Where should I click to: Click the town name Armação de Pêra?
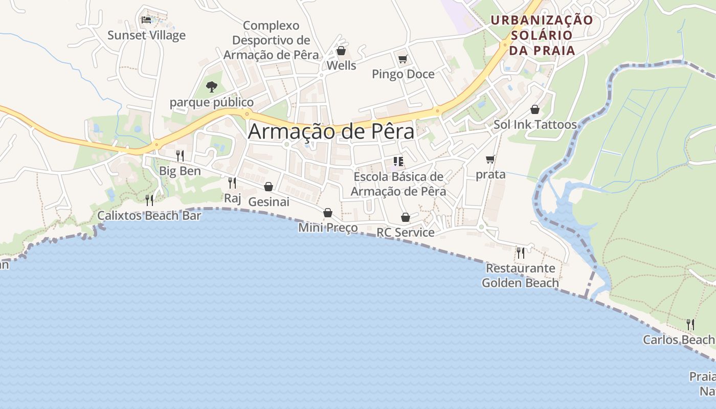click(331, 131)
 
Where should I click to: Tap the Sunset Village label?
click(146, 35)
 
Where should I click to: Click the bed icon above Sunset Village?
click(146, 20)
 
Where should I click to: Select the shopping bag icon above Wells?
click(341, 51)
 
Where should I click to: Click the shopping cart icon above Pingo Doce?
click(402, 59)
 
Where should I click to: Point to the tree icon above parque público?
click(211, 87)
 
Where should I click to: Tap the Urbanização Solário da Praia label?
click(542, 35)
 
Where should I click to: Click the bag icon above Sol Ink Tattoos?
click(535, 109)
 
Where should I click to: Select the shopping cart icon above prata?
click(490, 160)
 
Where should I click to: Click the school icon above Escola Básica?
click(399, 162)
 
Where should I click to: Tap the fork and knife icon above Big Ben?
click(180, 155)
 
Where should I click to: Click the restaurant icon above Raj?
click(232, 183)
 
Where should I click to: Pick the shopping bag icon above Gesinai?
click(268, 187)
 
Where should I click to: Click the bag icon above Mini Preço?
click(328, 213)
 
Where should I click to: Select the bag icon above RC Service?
click(406, 217)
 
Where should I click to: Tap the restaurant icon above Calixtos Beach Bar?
click(149, 200)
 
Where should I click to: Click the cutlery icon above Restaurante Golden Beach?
click(521, 253)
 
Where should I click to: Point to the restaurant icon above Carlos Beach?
click(690, 324)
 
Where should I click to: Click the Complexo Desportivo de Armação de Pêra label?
click(271, 40)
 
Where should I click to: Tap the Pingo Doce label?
click(403, 74)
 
